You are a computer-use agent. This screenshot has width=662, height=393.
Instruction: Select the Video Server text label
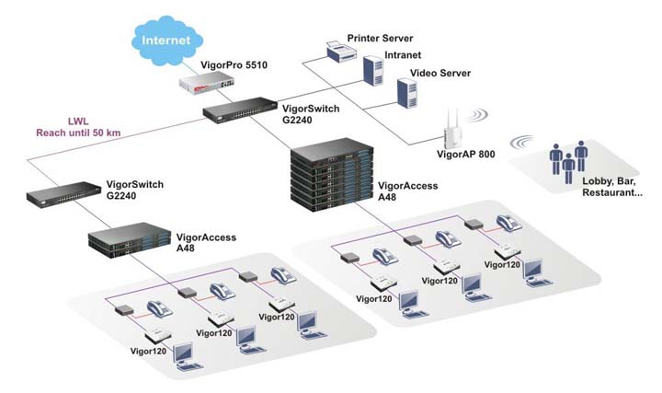(x=440, y=73)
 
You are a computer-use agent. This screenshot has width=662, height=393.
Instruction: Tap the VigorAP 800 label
(x=463, y=154)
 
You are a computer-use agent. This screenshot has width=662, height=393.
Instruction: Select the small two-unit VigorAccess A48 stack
(x=125, y=242)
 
